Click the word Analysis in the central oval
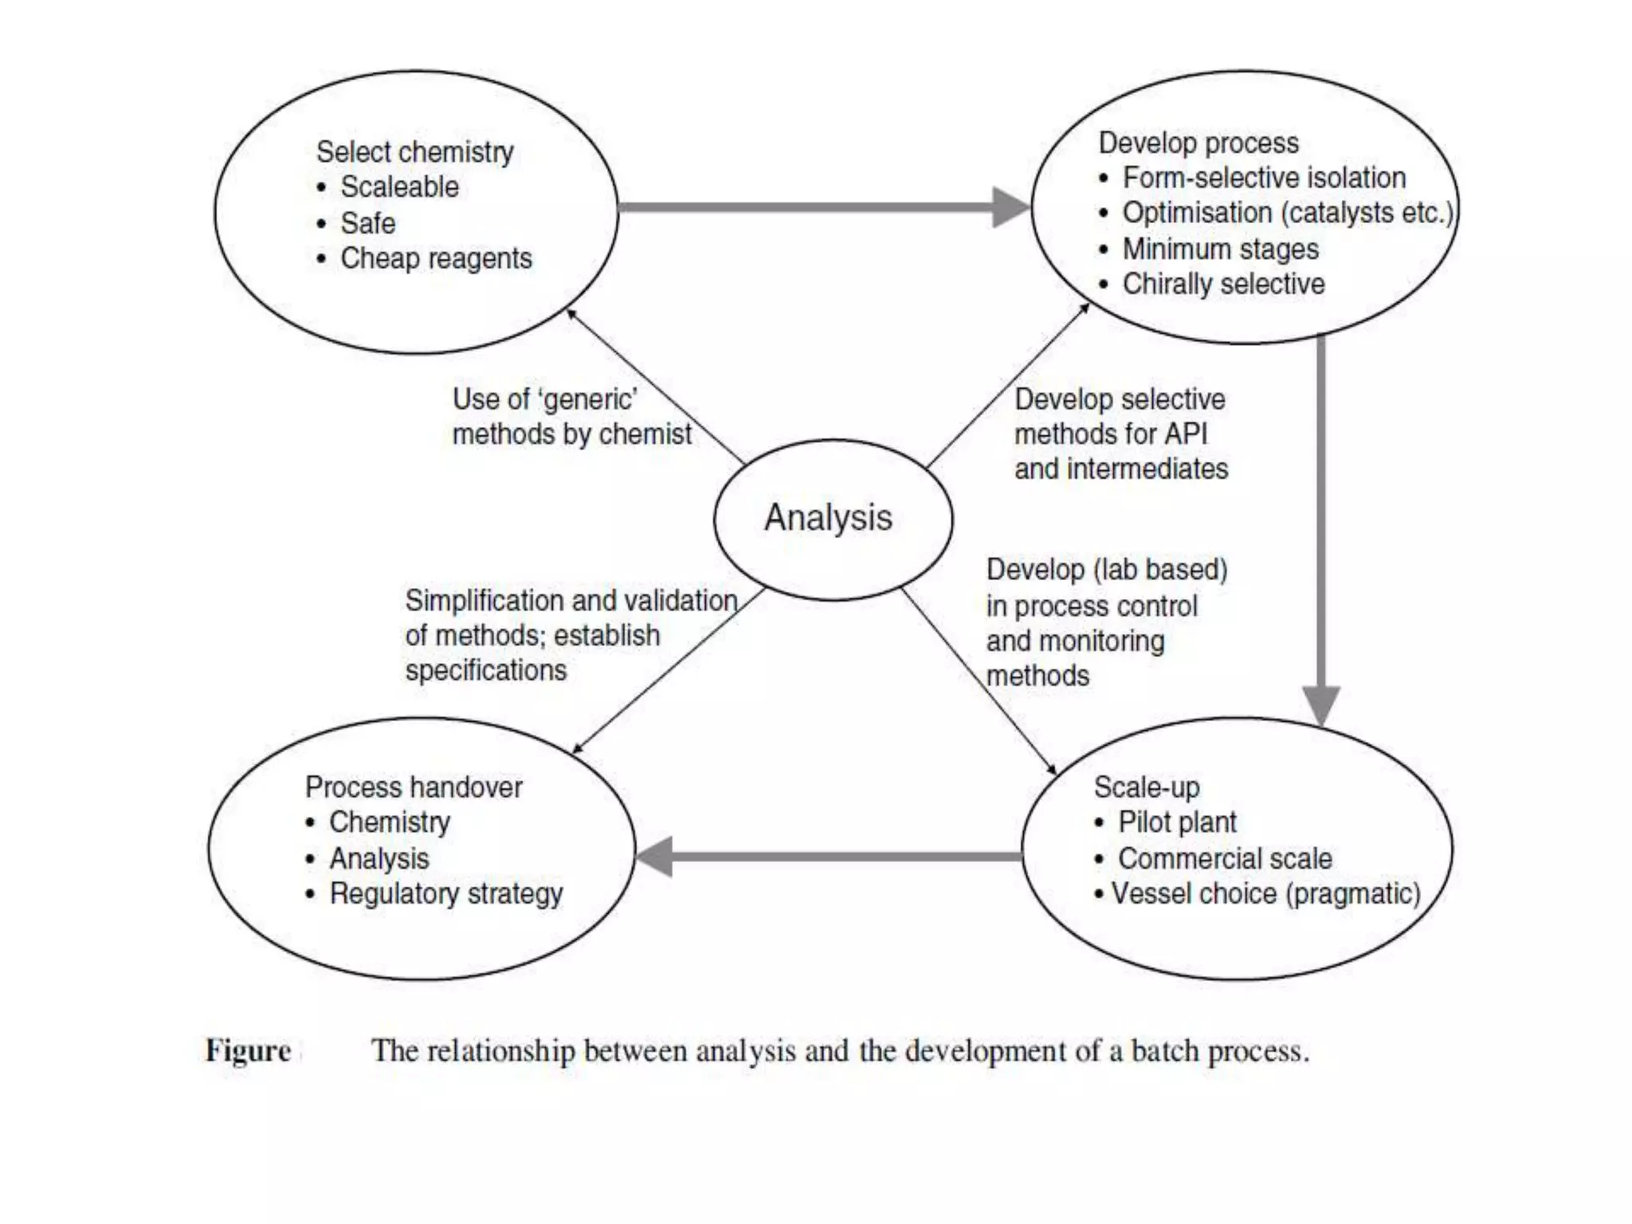tap(828, 518)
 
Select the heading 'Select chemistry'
tap(414, 151)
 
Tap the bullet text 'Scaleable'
tap(399, 186)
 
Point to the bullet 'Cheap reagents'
tap(436, 258)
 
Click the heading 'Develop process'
tap(1198, 143)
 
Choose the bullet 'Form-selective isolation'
tap(1264, 178)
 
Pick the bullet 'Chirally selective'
tap(1223, 284)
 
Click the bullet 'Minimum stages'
tap(1220, 249)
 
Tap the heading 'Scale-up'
tap(1147, 787)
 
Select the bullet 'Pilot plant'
tap(1177, 822)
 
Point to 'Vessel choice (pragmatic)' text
tap(1265, 893)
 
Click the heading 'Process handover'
tap(414, 787)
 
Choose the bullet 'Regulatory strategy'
tap(446, 893)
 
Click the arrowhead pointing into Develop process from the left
tap(1010, 207)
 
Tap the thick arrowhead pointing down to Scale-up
tap(1321, 704)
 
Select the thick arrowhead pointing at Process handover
tap(656, 857)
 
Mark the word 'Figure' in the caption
tap(248, 1051)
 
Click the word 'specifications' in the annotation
tap(486, 670)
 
